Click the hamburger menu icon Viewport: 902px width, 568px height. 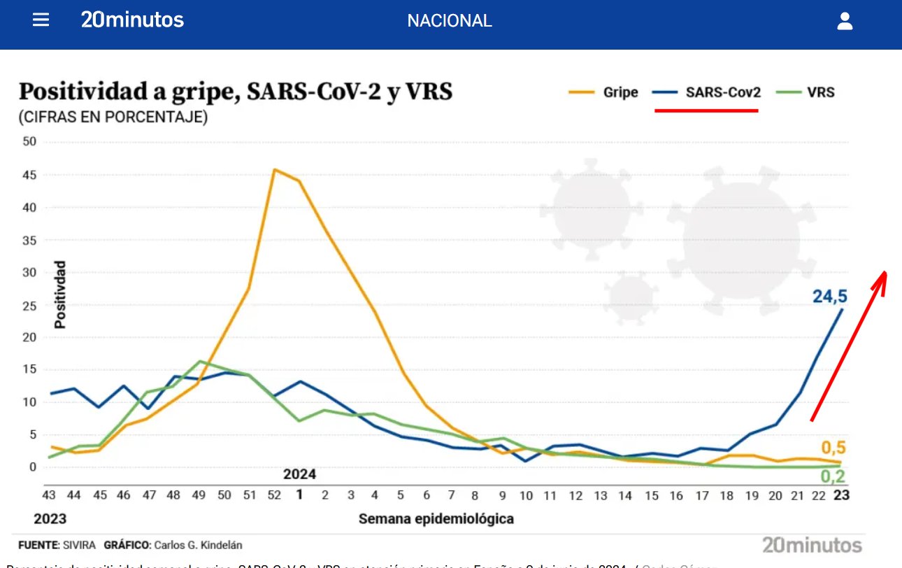41,20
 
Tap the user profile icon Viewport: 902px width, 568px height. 845,21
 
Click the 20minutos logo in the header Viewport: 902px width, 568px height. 132,20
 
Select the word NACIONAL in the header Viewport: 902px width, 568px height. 450,21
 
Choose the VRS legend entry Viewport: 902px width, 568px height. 810,92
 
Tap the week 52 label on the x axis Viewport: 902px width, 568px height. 274,495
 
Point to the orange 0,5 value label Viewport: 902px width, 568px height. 833,448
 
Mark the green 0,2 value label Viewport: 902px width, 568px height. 833,477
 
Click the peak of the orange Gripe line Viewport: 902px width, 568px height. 274,169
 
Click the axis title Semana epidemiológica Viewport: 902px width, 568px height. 436,519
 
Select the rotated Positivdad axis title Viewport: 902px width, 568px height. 61,294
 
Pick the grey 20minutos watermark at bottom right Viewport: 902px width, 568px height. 812,545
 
